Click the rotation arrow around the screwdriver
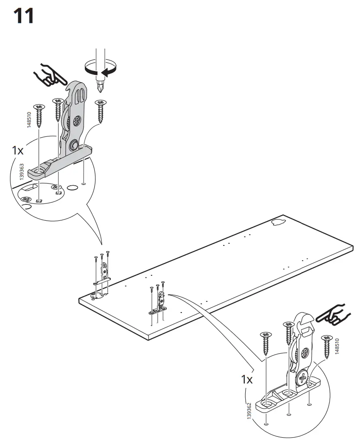pyautogui.click(x=101, y=69)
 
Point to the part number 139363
pyautogui.click(x=21, y=172)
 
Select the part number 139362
pyautogui.click(x=249, y=411)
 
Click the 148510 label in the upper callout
pyautogui.click(x=29, y=120)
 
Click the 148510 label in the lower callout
pyautogui.click(x=337, y=346)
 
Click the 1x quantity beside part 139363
pyautogui.click(x=17, y=150)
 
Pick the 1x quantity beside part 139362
pyautogui.click(x=247, y=379)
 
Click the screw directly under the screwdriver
pyautogui.click(x=101, y=111)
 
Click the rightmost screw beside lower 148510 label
pyautogui.click(x=327, y=347)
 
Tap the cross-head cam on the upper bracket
pyautogui.click(x=76, y=122)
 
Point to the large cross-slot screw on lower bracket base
pyautogui.click(x=303, y=377)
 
